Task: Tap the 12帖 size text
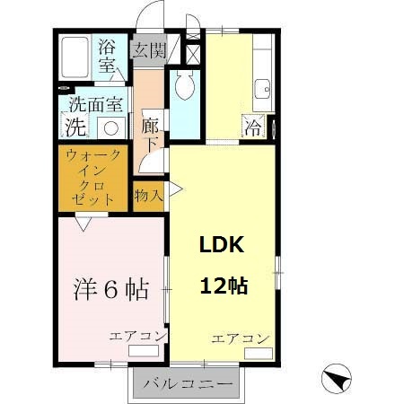(223, 287)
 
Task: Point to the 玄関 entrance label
(149, 49)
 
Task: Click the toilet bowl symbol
(185, 86)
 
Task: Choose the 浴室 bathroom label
(108, 56)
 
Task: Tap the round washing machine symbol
(112, 127)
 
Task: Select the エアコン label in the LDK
(240, 338)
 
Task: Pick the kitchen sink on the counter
(262, 89)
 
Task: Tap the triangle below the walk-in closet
(83, 224)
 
